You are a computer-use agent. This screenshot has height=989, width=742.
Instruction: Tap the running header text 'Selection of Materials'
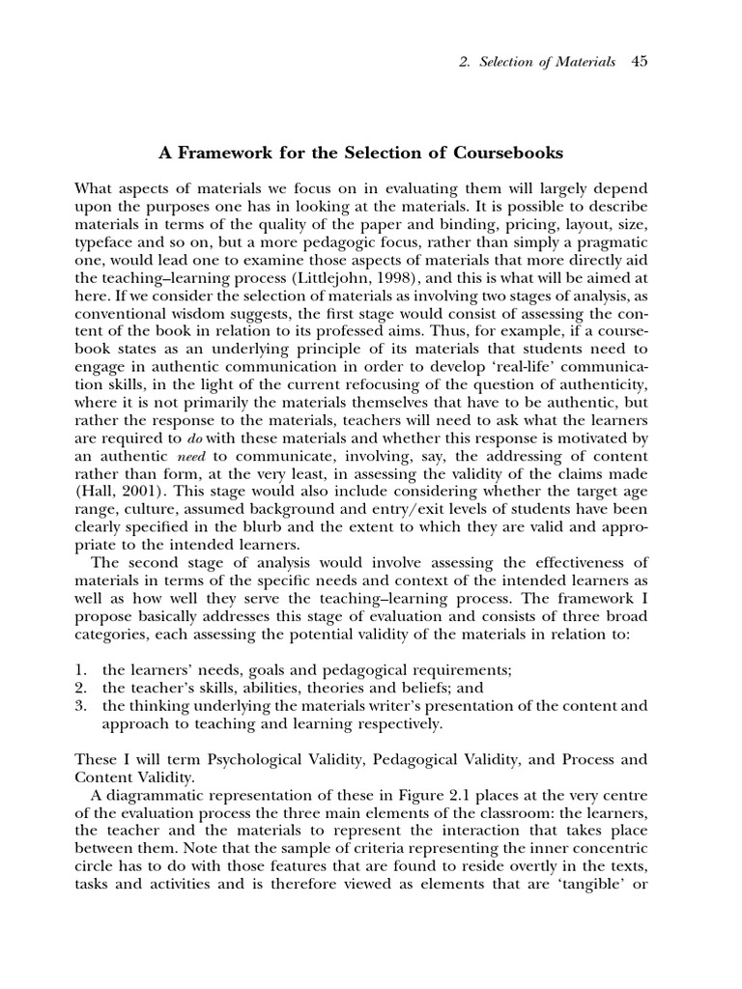coord(546,62)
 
